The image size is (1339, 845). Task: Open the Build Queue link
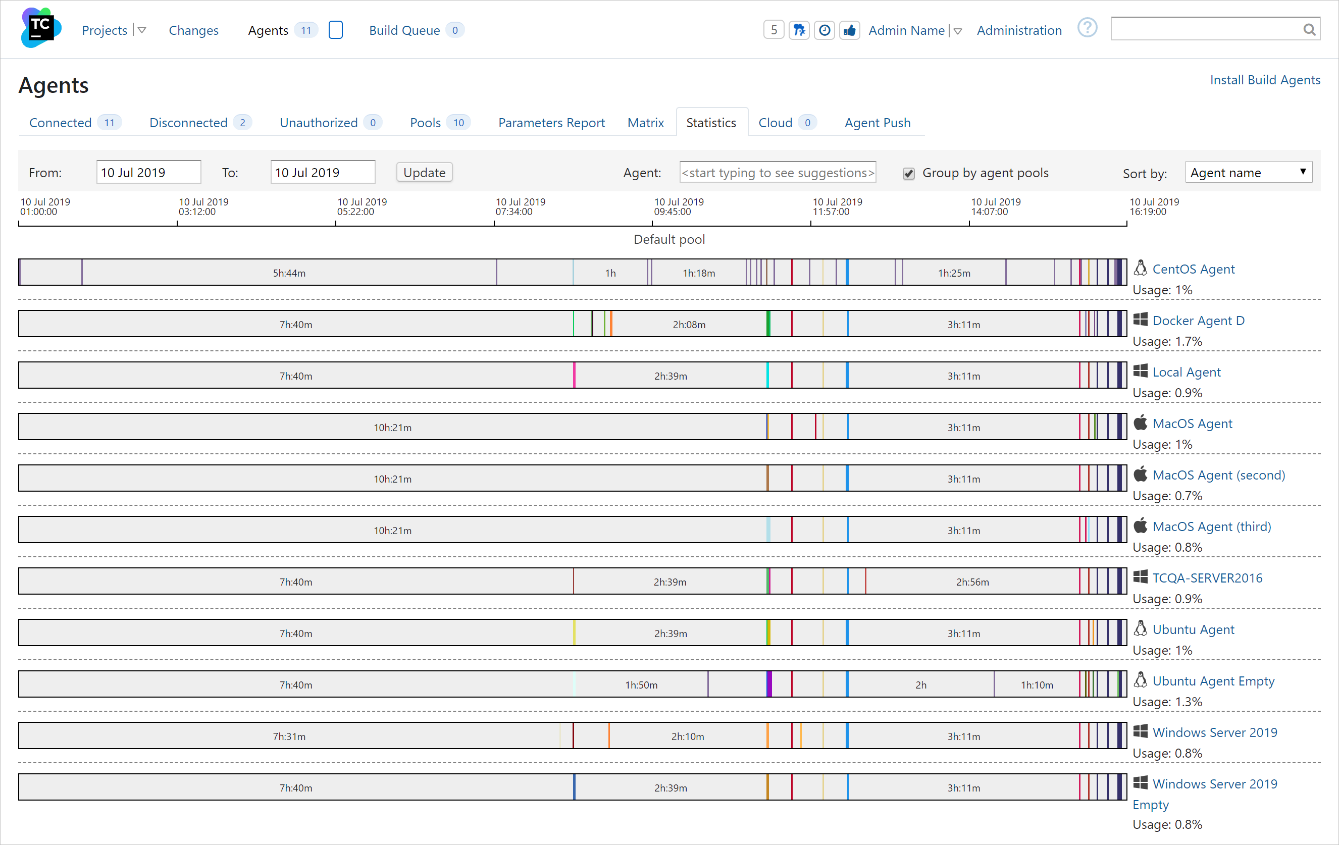pyautogui.click(x=404, y=31)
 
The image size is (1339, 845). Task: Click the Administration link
pyautogui.click(x=1019, y=31)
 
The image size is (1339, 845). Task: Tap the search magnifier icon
pyautogui.click(x=1310, y=29)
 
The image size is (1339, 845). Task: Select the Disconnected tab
pyautogui.click(x=188, y=123)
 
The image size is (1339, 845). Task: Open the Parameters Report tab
pyautogui.click(x=551, y=123)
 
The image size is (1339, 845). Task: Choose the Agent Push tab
pyautogui.click(x=877, y=123)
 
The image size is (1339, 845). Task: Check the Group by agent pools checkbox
pyautogui.click(x=909, y=174)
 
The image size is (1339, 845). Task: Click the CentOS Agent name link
pyautogui.click(x=1193, y=269)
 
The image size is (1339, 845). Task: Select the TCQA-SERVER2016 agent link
pyautogui.click(x=1207, y=578)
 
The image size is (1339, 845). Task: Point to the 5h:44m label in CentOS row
pyautogui.click(x=289, y=273)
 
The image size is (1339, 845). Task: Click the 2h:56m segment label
pyautogui.click(x=972, y=582)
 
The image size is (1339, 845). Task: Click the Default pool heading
pyautogui.click(x=669, y=240)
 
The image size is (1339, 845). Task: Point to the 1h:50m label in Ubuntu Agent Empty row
pyautogui.click(x=641, y=685)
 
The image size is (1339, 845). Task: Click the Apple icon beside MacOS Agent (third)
pyautogui.click(x=1141, y=525)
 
